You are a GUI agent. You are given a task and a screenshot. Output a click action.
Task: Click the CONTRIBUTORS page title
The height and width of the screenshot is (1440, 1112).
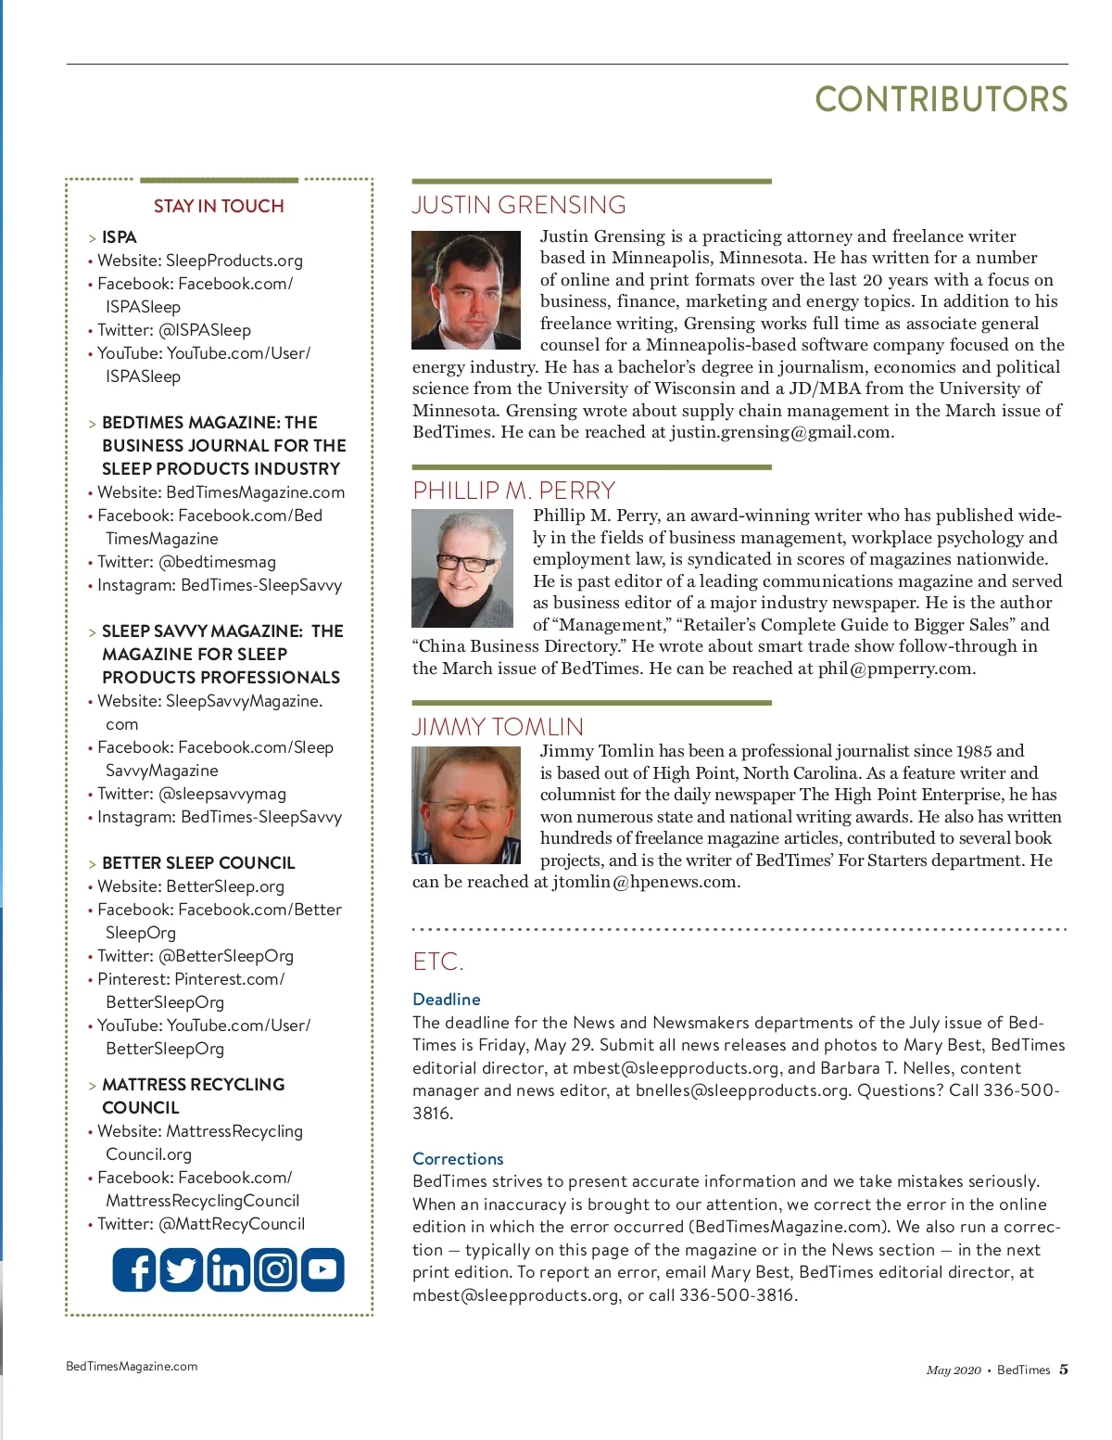pos(941,100)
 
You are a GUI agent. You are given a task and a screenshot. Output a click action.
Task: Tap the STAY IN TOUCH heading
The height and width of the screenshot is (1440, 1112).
pos(219,206)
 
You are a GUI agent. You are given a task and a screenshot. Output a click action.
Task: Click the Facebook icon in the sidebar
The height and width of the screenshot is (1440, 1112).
pos(134,1269)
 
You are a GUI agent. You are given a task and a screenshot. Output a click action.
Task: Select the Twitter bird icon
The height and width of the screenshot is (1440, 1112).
pos(182,1269)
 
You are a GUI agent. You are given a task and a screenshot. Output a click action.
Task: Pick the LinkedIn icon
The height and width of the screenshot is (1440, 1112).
pos(228,1269)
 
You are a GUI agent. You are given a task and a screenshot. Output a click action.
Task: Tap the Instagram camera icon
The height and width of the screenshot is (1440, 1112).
pos(275,1269)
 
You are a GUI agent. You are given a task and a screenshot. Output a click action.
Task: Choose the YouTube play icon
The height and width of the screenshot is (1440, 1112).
pos(322,1269)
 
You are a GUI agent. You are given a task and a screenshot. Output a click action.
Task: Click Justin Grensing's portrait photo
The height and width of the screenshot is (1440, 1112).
pos(466,290)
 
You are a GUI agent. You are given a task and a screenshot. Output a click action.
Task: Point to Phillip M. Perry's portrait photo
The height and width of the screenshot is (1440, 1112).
pos(462,568)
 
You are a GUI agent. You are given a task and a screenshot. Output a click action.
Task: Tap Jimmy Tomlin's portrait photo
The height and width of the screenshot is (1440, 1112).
pos(466,806)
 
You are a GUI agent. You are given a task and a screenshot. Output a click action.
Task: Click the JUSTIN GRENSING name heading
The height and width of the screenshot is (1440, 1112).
pos(519,205)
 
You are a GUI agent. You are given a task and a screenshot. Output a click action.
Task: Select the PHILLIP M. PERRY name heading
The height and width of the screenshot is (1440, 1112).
pos(513,491)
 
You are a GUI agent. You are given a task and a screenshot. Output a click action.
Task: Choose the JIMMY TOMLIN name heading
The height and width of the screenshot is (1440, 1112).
pos(498,727)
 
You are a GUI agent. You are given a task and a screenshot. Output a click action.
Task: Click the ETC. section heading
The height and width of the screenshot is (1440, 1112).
pos(438,962)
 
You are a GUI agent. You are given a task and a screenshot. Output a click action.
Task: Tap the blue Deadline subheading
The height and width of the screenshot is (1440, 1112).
pos(447,1000)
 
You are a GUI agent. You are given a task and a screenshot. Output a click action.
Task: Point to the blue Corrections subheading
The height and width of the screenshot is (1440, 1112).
pos(458,1159)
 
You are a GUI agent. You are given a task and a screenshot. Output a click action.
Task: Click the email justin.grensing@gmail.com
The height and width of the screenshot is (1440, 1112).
pos(781,432)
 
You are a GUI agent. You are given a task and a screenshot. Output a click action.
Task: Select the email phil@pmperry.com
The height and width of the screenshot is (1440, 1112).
pos(895,669)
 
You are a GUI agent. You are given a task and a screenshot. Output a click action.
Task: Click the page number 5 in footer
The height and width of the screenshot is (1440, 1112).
pos(1064,1370)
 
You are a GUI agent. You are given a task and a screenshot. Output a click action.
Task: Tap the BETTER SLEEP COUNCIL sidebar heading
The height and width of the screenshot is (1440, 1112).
pos(198,863)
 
